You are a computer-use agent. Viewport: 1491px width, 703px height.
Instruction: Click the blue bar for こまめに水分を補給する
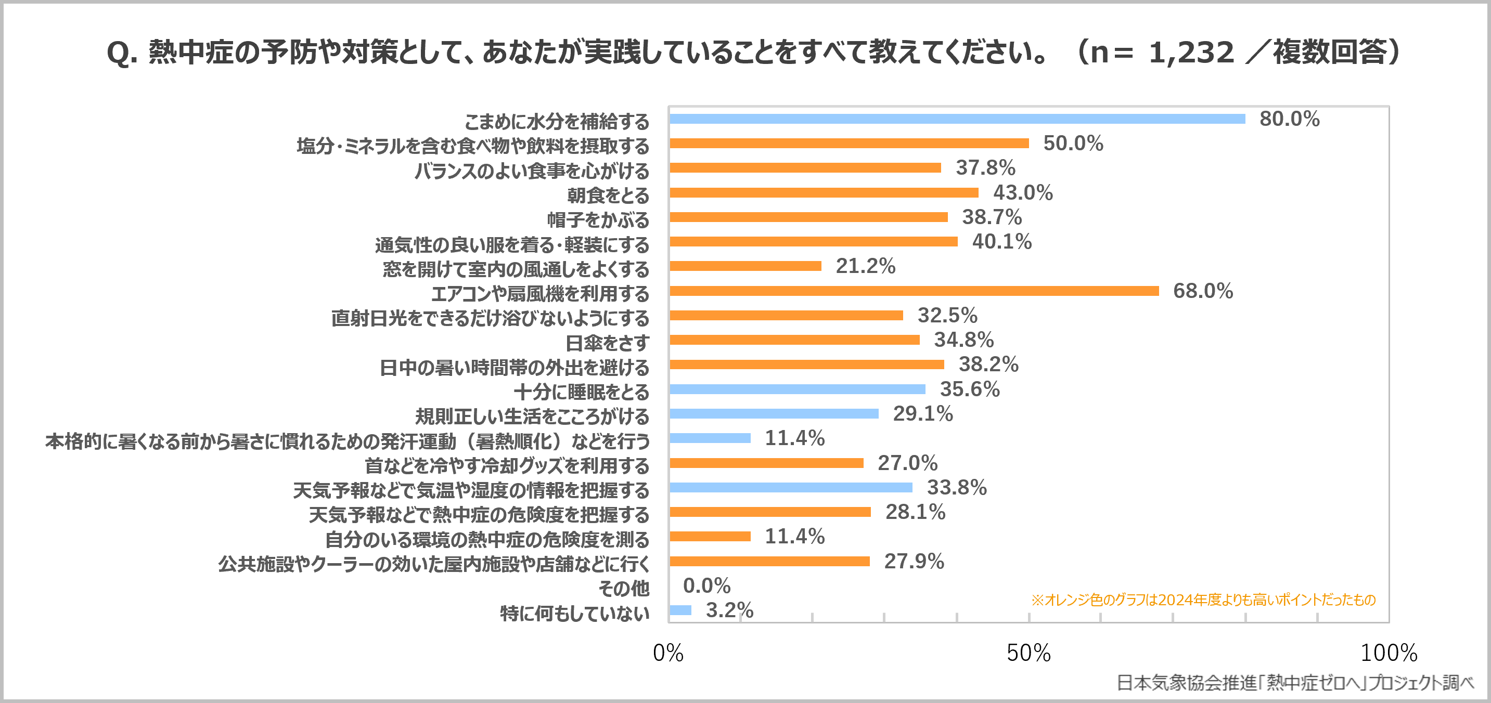957,119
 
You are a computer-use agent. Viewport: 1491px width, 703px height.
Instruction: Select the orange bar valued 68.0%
914,291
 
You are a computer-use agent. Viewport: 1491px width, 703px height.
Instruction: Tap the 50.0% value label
1073,144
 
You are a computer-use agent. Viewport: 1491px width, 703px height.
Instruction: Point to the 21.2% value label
865,266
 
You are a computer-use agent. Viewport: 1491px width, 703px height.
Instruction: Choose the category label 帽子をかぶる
598,220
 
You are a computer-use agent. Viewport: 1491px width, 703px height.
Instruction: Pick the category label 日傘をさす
607,343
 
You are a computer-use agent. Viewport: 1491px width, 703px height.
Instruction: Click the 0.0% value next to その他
706,585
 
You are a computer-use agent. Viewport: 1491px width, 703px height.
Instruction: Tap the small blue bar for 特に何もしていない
680,610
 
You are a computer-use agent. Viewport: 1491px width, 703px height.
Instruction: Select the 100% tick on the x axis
1388,653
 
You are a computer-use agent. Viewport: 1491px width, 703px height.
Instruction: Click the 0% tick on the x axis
668,653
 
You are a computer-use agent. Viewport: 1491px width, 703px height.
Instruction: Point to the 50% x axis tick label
1028,653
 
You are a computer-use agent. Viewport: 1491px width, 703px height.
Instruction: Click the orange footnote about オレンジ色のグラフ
1203,600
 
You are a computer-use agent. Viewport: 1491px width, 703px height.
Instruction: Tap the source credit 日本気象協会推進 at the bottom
1294,683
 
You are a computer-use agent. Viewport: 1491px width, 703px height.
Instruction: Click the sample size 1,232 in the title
1191,53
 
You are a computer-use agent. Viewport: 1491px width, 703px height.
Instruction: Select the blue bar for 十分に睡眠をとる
797,389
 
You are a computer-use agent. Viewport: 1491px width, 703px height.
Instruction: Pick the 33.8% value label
956,487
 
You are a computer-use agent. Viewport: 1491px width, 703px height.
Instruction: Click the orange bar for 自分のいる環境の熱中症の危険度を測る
710,537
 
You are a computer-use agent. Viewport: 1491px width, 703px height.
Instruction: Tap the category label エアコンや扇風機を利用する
539,294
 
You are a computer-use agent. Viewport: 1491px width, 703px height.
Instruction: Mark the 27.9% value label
914,561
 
